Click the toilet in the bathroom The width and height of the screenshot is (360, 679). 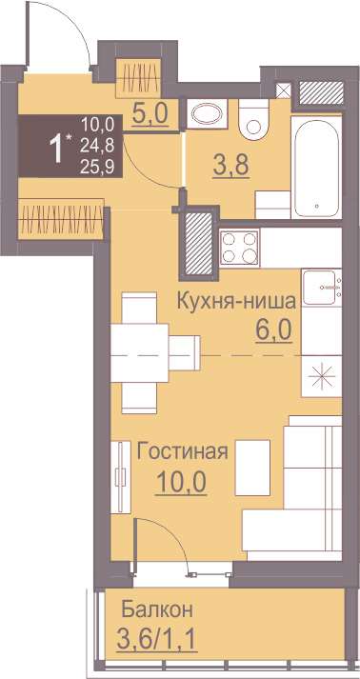point(254,119)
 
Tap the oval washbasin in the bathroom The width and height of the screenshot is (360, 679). point(207,114)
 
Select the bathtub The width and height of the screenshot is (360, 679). point(317,168)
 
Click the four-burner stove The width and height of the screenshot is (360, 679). point(239,248)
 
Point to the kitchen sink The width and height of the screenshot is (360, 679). point(322,287)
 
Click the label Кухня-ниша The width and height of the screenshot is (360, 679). point(237,301)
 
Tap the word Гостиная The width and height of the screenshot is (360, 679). point(183,452)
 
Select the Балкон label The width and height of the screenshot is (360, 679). point(157,610)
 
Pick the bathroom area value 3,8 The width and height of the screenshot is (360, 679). point(230,165)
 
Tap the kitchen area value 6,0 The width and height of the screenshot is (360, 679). point(272,330)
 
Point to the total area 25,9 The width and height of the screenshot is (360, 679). point(97,168)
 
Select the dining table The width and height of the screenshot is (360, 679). point(139,352)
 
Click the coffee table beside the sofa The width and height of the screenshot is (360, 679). point(252,468)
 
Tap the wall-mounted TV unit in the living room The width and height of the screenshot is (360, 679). point(121,477)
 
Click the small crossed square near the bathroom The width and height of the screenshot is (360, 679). point(284,90)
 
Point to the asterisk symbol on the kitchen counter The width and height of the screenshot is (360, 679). point(322,376)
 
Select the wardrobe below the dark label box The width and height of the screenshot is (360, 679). point(61,218)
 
